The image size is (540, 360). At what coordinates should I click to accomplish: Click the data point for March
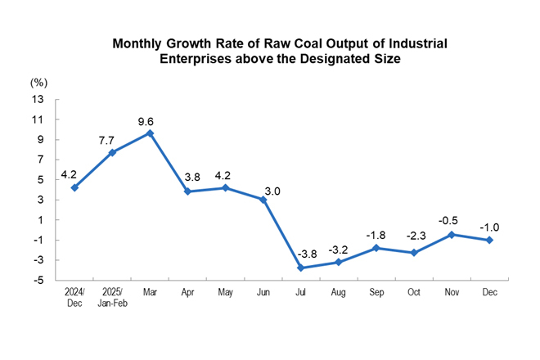(150, 133)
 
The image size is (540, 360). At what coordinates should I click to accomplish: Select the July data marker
(300, 268)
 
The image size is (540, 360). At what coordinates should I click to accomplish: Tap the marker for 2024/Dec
(74, 187)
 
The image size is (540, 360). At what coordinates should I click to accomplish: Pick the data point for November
(451, 234)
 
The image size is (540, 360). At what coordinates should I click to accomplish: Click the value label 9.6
(150, 118)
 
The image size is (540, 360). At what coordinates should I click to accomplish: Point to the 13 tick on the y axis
(37, 99)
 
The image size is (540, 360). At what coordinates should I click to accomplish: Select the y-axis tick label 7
(39, 160)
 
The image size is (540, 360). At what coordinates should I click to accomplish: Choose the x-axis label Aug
(338, 290)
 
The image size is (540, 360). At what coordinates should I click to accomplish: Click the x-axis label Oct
(413, 290)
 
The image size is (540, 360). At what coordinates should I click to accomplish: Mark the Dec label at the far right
(488, 290)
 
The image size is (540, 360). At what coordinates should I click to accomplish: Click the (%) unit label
(38, 83)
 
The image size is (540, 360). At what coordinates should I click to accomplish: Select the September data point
(376, 247)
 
